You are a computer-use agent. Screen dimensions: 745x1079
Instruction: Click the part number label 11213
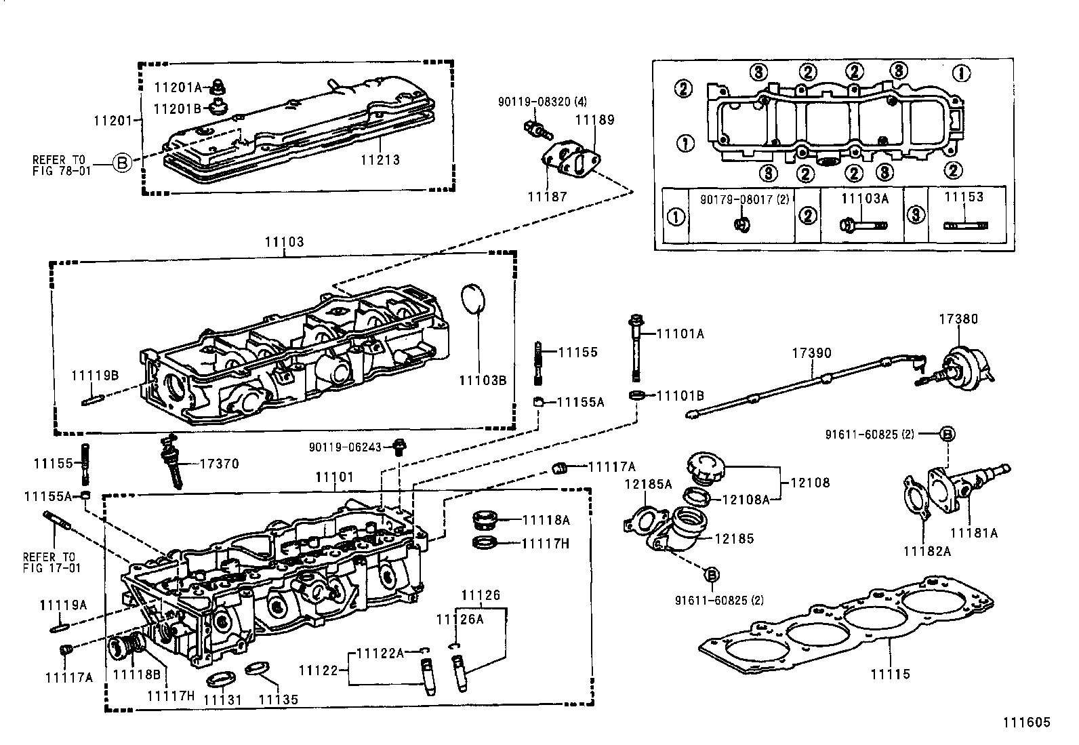click(380, 161)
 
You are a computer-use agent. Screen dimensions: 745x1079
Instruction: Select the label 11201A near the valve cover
click(177, 87)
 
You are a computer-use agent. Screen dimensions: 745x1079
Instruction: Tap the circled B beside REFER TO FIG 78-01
click(122, 163)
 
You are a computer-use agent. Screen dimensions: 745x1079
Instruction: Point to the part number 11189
click(594, 120)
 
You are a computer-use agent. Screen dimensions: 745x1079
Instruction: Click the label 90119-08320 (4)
click(542, 102)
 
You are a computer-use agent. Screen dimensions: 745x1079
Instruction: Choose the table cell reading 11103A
click(864, 198)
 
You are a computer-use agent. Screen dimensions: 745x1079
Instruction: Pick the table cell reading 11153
click(964, 197)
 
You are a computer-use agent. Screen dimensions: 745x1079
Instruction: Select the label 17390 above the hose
click(812, 353)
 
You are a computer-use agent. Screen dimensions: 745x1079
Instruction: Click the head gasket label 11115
click(890, 674)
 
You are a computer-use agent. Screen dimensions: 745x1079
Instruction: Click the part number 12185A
click(647, 484)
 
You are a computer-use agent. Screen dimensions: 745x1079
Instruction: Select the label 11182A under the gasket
click(927, 551)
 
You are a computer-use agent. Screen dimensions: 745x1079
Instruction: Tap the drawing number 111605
click(1026, 723)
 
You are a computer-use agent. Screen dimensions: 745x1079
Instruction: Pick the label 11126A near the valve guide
click(460, 618)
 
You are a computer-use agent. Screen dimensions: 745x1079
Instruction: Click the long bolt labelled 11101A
click(636, 349)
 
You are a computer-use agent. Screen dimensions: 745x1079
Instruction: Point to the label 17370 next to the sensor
click(219, 464)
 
